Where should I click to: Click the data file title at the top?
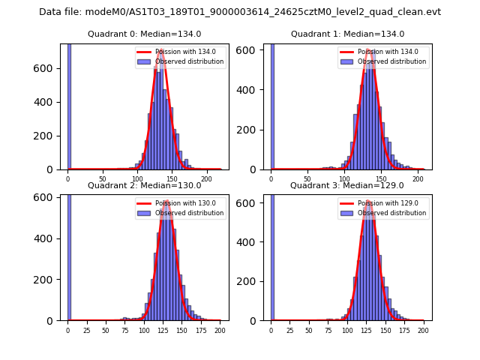(240, 12)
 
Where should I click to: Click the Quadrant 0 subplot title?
(144, 34)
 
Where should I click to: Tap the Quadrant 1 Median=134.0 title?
(347, 34)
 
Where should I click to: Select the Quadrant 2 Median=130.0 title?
(144, 185)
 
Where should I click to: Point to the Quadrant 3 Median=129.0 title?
(347, 185)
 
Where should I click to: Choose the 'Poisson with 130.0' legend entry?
(180, 203)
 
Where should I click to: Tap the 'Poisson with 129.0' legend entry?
(383, 203)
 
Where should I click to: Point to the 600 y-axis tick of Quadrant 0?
(49, 68)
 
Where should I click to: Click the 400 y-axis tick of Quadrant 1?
(252, 89)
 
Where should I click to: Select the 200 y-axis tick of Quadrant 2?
(49, 279)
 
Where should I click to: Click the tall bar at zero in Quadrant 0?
(69, 105)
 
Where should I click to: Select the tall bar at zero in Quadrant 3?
(272, 255)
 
